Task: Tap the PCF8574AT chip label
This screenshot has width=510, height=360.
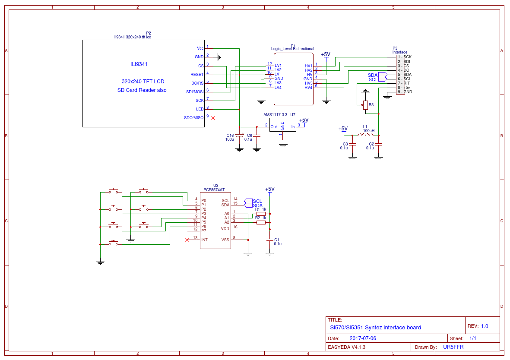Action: click(x=214, y=189)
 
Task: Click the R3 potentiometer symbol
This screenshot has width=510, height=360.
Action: click(x=365, y=105)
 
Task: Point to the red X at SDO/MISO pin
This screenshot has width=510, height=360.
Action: click(x=213, y=117)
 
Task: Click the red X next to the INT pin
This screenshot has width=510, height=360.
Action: click(x=187, y=240)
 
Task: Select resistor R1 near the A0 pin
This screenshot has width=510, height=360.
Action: click(x=261, y=214)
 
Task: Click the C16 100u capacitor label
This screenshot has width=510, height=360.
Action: click(x=229, y=137)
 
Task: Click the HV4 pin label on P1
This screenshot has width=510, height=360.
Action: click(x=308, y=88)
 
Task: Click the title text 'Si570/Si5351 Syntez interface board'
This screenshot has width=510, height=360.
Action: click(x=375, y=328)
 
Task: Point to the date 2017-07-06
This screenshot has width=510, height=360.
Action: click(x=363, y=338)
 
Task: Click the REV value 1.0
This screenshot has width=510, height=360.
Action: click(x=485, y=326)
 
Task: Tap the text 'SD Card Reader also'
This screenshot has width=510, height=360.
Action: click(x=142, y=90)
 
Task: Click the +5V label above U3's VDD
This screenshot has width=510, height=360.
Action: click(x=269, y=189)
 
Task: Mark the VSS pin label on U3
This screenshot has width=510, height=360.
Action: click(x=225, y=240)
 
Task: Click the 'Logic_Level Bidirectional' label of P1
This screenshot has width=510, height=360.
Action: click(x=292, y=49)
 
